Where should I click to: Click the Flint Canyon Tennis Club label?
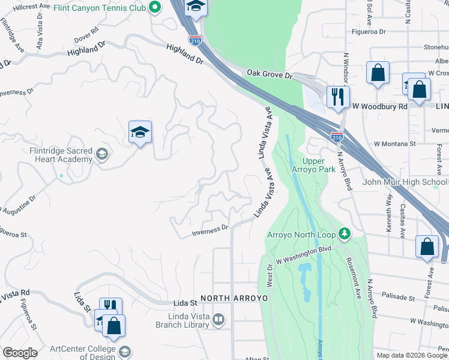(99, 8)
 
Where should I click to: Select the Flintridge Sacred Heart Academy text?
(61, 155)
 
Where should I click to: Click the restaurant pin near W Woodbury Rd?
(338, 97)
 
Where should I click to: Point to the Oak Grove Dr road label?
(269, 74)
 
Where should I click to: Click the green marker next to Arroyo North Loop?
(344, 233)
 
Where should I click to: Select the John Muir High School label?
(405, 182)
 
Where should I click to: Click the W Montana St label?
(394, 144)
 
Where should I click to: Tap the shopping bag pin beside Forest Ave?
(426, 246)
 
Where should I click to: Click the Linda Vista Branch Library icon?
(218, 320)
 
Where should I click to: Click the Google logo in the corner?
(20, 353)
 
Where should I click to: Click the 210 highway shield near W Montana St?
(337, 137)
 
